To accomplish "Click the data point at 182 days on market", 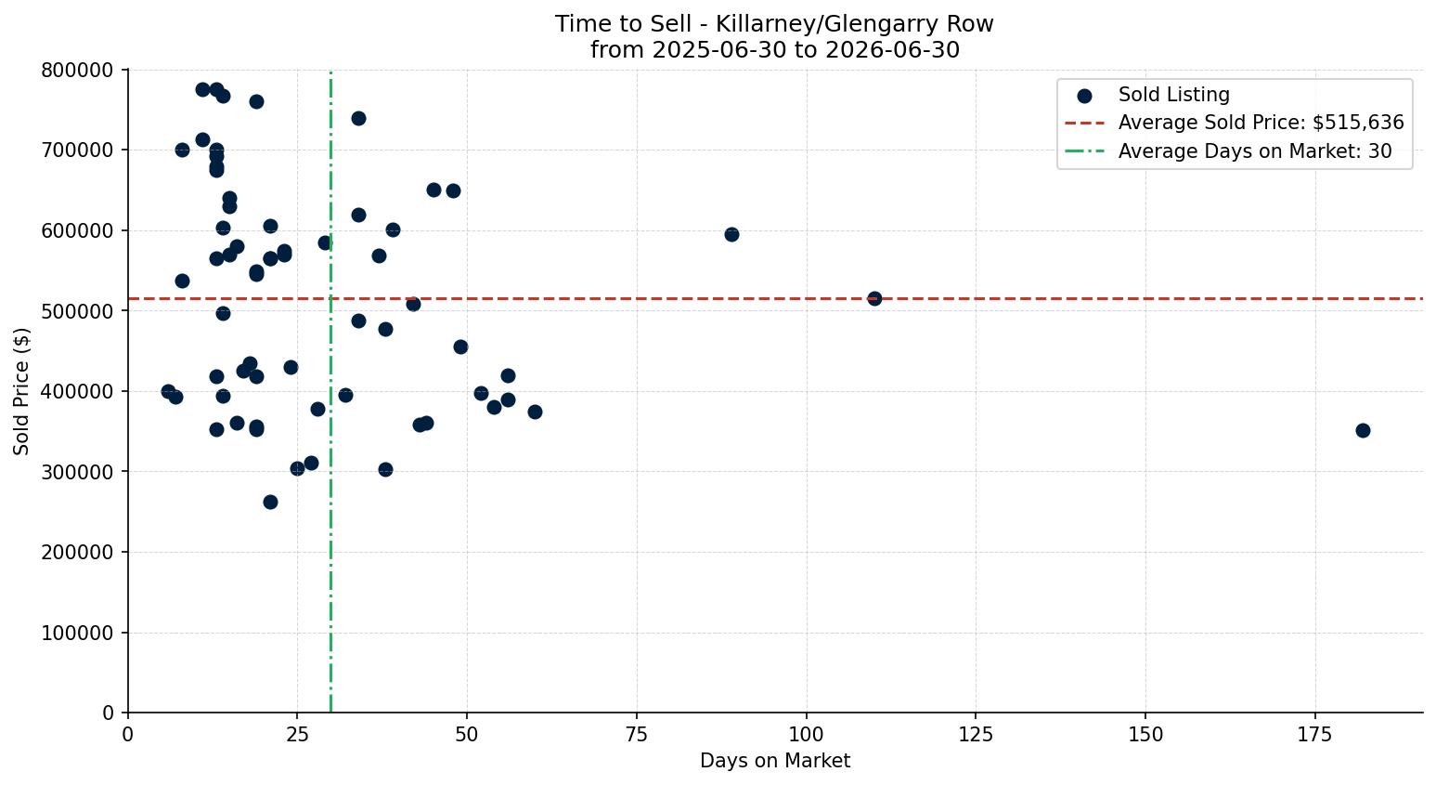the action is coord(1363,430).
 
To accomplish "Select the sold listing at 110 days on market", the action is coord(874,298).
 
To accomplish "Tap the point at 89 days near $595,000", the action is coord(731,234).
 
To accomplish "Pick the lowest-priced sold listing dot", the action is coord(270,503).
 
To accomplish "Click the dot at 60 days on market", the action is coord(535,412).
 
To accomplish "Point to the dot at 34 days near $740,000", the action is coord(358,118).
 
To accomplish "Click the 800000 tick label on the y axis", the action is coord(77,70).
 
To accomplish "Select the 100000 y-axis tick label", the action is coord(77,633).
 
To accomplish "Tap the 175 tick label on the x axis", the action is coord(1314,735).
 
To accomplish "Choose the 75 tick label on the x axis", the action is coord(637,735).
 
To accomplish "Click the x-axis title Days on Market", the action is coord(775,761).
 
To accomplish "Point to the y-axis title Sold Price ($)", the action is coord(21,391).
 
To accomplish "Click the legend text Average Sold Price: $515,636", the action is coord(1261,123).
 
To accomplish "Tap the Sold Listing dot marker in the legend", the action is coord(1084,97).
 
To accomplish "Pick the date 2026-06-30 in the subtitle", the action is coord(892,49).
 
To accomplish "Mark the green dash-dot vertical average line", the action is coord(330,391).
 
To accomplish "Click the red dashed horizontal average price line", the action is coord(775,298).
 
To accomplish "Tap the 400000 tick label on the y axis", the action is coord(77,391).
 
